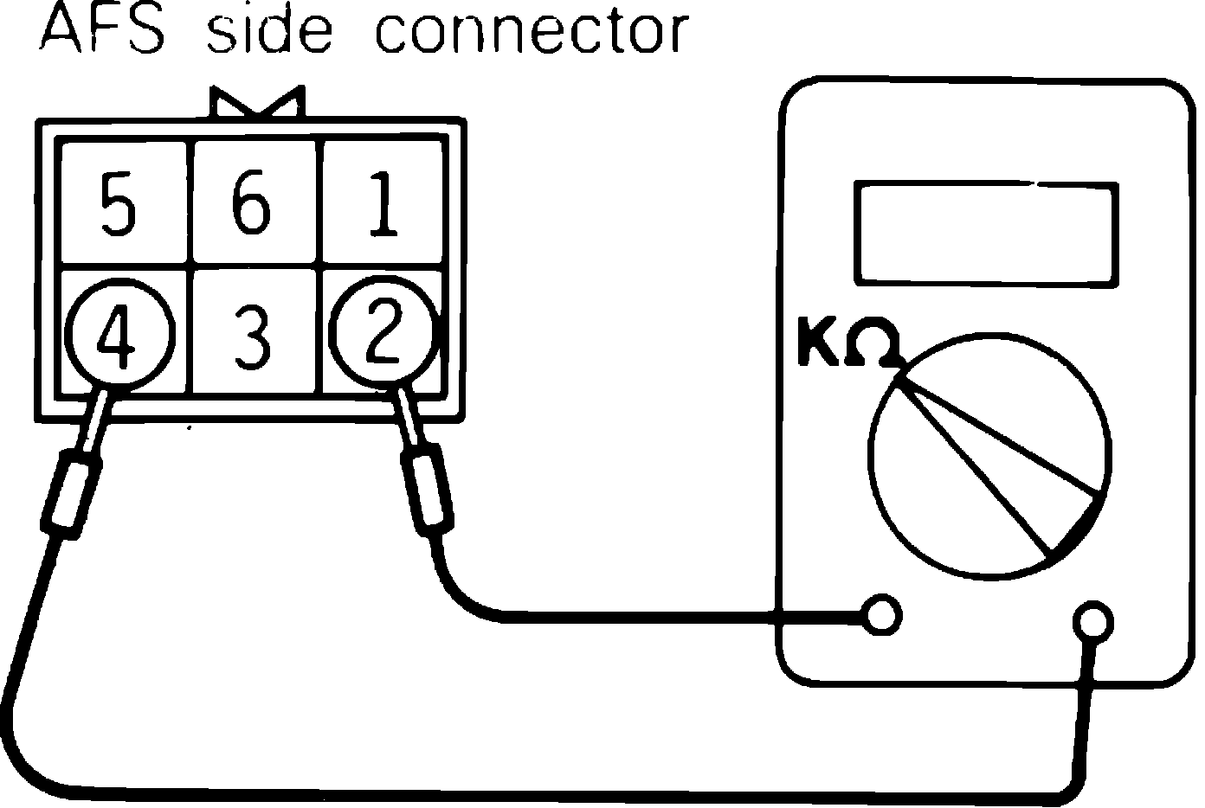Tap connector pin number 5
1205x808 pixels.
[119, 204]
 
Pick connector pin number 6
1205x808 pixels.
[251, 204]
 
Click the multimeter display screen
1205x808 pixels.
[985, 233]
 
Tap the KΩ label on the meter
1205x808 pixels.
[848, 344]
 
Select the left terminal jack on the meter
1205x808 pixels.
[882, 616]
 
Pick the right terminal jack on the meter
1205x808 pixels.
[1092, 620]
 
